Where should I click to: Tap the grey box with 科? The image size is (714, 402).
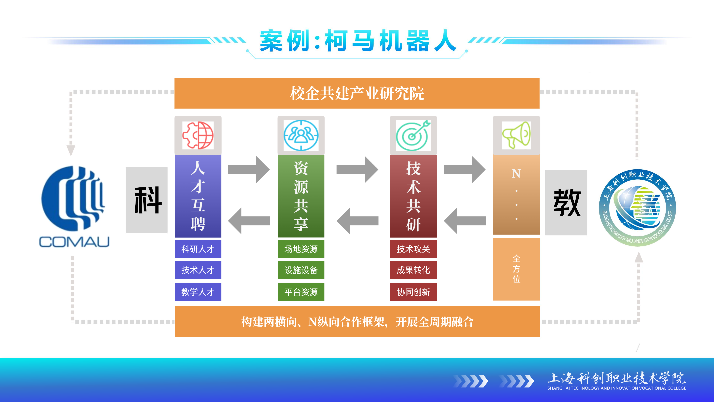click(x=147, y=200)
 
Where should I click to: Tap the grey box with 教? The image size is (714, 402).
click(x=565, y=202)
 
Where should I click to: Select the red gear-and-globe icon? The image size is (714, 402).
click(x=198, y=135)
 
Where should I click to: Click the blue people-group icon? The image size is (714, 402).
click(x=301, y=135)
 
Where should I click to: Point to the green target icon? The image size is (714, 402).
click(x=413, y=135)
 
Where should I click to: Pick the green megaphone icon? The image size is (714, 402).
click(x=516, y=135)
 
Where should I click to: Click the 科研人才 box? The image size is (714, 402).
click(x=198, y=249)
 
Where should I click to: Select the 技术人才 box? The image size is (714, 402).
click(x=198, y=270)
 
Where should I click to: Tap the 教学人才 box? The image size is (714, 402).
click(x=198, y=292)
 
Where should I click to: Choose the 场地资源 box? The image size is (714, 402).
click(x=301, y=249)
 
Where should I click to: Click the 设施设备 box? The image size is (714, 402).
click(x=301, y=270)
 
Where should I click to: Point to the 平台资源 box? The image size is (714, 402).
click(x=301, y=292)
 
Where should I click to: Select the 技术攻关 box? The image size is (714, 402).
click(x=413, y=249)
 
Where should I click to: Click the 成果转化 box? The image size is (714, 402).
click(x=413, y=270)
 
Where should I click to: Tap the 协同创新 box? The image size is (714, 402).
click(x=413, y=292)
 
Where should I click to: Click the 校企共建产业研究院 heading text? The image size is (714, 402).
click(x=357, y=93)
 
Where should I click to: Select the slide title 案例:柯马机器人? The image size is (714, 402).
click(x=358, y=41)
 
